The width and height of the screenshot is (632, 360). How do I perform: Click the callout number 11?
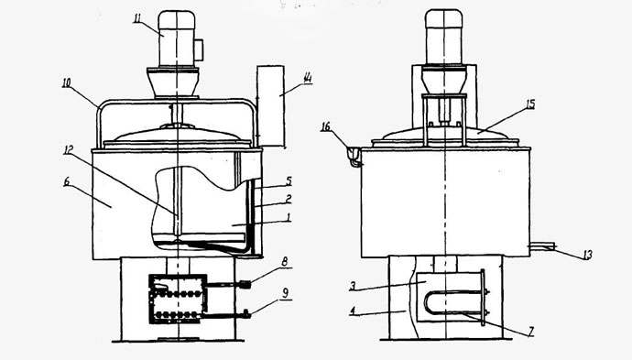point(138,18)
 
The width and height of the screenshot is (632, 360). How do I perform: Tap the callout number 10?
point(67,83)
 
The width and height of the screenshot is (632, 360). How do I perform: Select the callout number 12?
point(68,150)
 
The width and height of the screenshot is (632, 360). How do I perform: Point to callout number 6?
point(67,181)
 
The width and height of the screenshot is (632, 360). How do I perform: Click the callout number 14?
point(308,78)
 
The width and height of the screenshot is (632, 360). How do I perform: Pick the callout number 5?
point(289,181)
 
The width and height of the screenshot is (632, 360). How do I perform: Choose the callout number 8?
point(285,262)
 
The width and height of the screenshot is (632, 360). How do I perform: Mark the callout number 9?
point(286,293)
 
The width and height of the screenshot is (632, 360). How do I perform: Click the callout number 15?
point(530,104)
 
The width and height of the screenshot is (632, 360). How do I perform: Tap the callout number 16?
point(325,127)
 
